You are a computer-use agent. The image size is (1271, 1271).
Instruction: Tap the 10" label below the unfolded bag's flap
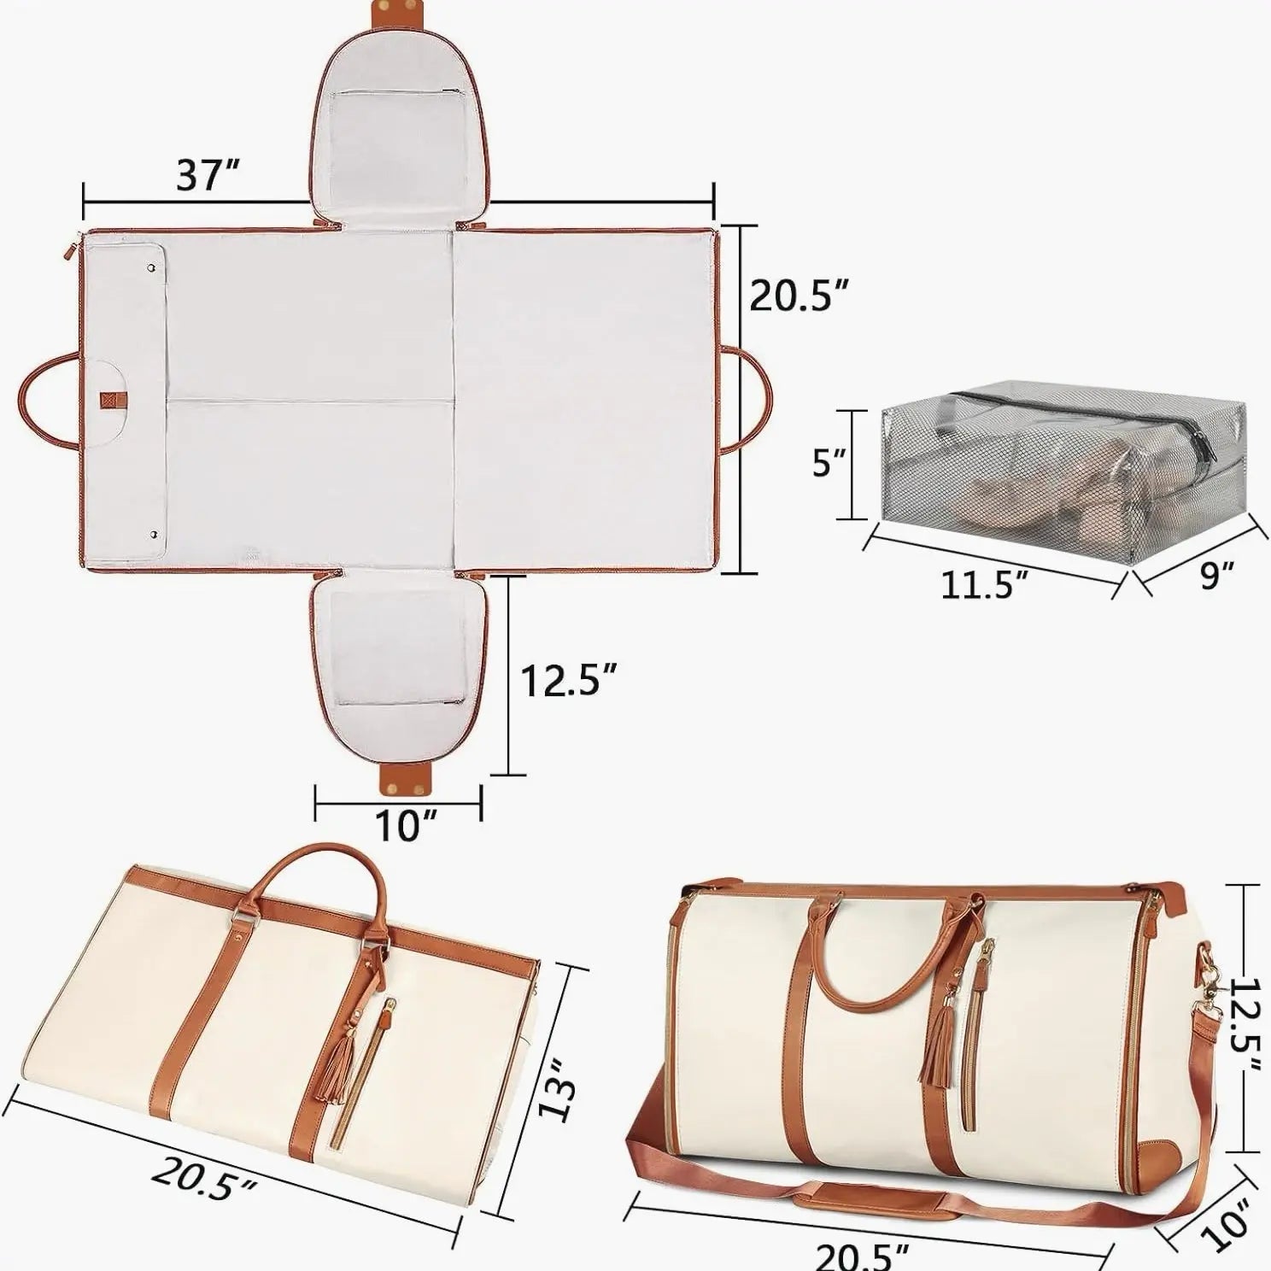(401, 825)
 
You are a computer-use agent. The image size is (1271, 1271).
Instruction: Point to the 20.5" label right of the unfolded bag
(799, 295)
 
